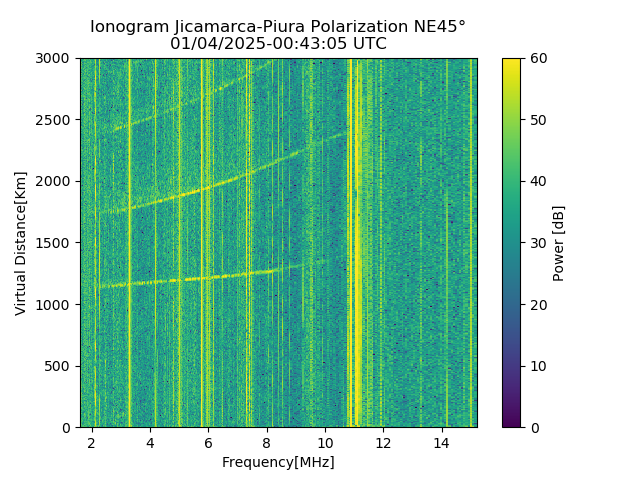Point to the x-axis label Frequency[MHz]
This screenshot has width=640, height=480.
click(278, 462)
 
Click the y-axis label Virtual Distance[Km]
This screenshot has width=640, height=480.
click(21, 243)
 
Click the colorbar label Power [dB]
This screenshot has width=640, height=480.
click(558, 243)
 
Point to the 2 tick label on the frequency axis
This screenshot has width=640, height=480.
click(92, 442)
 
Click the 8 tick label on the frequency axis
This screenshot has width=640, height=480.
click(267, 442)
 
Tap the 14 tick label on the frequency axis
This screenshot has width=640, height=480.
click(442, 442)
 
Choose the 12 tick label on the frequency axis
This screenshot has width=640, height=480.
click(384, 442)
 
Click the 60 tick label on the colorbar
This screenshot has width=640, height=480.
click(537, 59)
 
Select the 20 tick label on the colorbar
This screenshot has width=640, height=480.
click(537, 305)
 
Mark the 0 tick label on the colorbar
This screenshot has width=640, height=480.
click(534, 428)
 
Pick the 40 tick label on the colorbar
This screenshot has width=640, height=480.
click(537, 182)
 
